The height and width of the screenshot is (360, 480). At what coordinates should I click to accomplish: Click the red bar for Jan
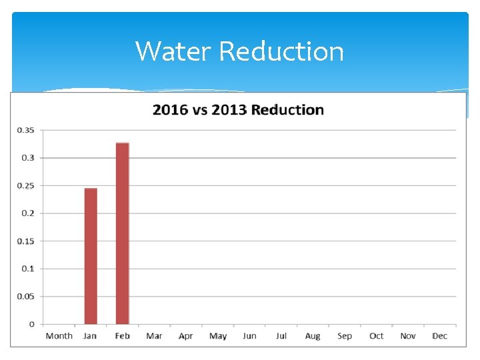click(x=91, y=256)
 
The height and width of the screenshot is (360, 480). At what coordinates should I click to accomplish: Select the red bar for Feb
click(x=122, y=233)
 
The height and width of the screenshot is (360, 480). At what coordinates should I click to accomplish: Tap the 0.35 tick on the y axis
click(x=26, y=130)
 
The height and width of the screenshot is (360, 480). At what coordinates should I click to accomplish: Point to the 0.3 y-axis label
click(x=28, y=158)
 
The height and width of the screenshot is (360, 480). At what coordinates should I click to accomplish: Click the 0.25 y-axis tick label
click(x=26, y=185)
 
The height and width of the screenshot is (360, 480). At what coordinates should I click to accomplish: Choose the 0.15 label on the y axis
click(x=26, y=241)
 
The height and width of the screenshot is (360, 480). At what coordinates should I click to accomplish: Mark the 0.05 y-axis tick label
click(x=26, y=296)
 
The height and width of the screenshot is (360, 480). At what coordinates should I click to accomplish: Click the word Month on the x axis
click(x=59, y=336)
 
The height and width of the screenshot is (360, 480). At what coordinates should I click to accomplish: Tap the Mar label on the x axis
click(x=154, y=336)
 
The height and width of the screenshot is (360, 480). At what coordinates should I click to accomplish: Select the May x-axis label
click(x=218, y=336)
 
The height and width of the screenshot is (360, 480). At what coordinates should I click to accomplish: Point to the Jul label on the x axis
click(x=281, y=336)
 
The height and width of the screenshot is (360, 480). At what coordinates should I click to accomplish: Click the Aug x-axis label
click(x=313, y=336)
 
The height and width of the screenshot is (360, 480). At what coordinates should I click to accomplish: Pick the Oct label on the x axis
click(x=376, y=336)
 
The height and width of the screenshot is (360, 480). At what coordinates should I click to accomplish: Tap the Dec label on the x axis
click(x=439, y=336)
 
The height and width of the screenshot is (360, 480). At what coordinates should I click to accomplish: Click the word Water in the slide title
click(x=173, y=51)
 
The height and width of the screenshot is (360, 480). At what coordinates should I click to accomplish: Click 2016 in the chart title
click(x=171, y=110)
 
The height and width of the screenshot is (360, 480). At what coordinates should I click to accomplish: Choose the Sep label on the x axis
click(x=345, y=336)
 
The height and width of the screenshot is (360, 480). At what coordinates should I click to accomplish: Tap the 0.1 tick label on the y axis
click(x=28, y=269)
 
